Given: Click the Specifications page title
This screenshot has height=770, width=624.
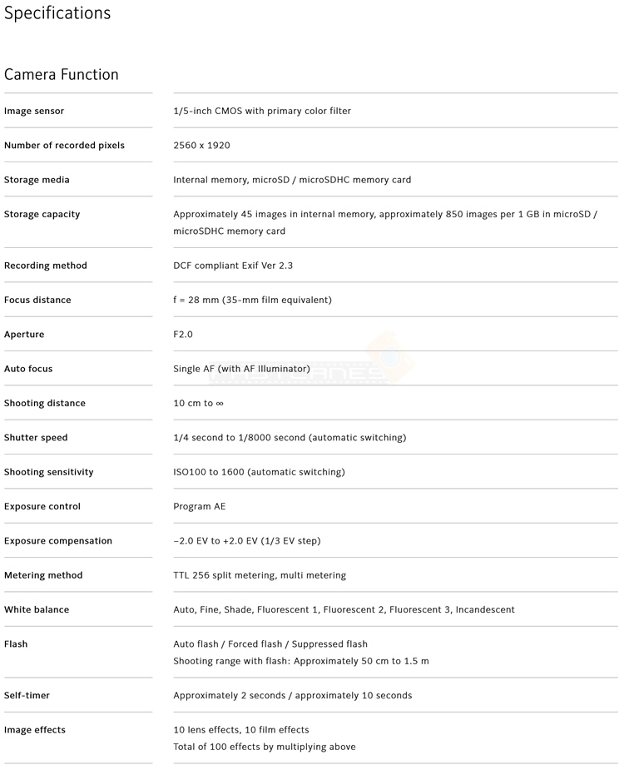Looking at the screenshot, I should [57, 14].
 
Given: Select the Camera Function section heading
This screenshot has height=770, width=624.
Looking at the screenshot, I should [62, 75].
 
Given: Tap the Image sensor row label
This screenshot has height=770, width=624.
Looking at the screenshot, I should [34, 112].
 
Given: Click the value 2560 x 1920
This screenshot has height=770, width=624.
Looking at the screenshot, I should [201, 146].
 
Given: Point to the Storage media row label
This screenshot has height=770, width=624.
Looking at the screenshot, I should [37, 180].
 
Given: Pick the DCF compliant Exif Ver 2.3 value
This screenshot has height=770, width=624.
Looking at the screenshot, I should [233, 266].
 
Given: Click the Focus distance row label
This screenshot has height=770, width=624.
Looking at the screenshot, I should [37, 300].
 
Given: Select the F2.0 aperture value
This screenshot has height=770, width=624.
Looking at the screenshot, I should [183, 335].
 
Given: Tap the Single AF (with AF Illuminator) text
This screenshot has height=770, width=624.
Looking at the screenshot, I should [241, 369].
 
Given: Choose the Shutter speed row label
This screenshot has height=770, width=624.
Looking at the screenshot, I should [36, 438].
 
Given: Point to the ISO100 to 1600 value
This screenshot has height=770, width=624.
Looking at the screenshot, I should [259, 472].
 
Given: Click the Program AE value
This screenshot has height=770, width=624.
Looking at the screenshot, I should [199, 506].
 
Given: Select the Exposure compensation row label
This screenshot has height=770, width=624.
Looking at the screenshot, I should [58, 541].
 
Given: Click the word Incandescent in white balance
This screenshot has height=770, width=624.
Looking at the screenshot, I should [485, 609].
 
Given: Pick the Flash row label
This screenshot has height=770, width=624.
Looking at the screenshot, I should [16, 644].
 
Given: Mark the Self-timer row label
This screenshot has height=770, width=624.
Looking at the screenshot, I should [27, 696].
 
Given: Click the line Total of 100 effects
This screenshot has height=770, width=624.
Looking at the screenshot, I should [264, 747].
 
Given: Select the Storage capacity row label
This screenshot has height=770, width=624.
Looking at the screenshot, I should [42, 215].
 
